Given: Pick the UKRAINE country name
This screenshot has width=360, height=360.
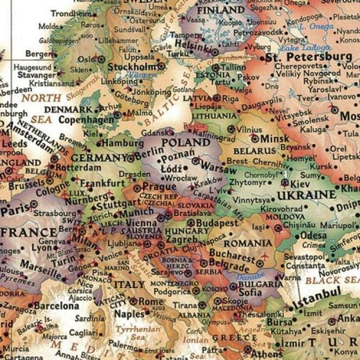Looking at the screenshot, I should (x=308, y=194).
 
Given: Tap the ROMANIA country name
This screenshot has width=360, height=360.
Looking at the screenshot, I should (x=246, y=242).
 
